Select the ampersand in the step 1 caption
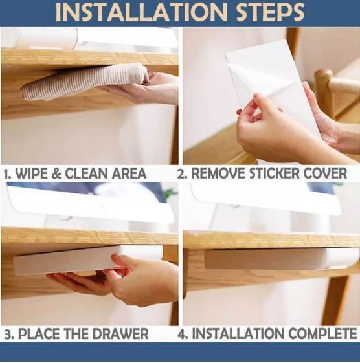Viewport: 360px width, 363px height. click(x=56, y=173)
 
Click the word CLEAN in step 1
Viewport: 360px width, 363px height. click(x=87, y=173)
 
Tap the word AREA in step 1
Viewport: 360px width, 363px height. click(x=129, y=173)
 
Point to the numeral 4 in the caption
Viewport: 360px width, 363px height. click(x=181, y=334)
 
